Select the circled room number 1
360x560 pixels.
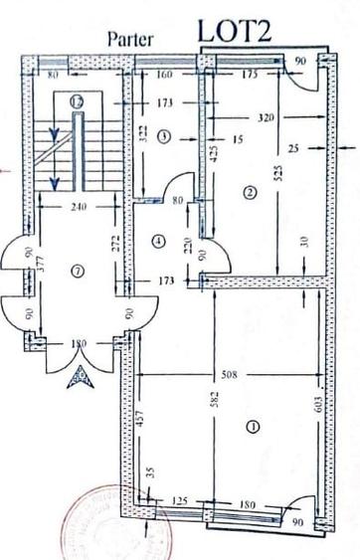click(251, 428)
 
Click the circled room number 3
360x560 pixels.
click(166, 135)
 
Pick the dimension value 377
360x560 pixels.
click(41, 263)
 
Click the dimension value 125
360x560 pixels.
click(180, 501)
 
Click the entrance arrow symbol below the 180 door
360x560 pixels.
click(78, 376)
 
